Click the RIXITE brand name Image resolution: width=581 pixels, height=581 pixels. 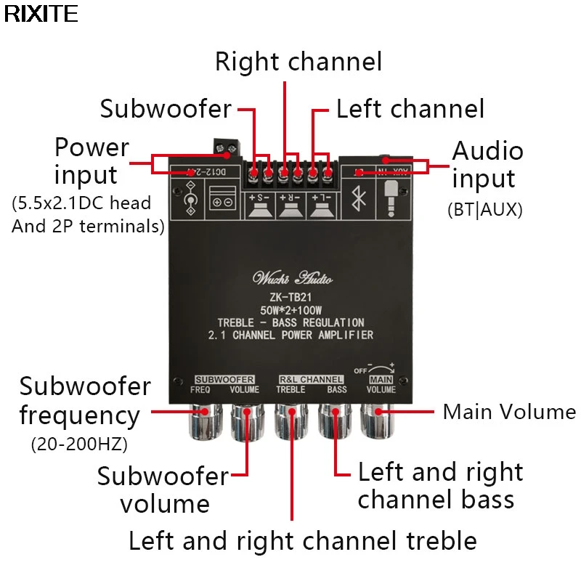click(40, 14)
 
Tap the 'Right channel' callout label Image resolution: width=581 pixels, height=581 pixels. click(298, 62)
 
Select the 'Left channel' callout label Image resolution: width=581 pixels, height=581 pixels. click(410, 109)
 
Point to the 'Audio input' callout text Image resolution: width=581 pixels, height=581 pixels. click(487, 164)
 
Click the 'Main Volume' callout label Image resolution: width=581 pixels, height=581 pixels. click(509, 412)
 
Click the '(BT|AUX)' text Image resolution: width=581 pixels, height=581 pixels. click(484, 211)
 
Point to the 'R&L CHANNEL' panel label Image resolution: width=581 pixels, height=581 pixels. click(311, 379)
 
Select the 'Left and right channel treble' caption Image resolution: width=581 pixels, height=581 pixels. click(302, 540)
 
